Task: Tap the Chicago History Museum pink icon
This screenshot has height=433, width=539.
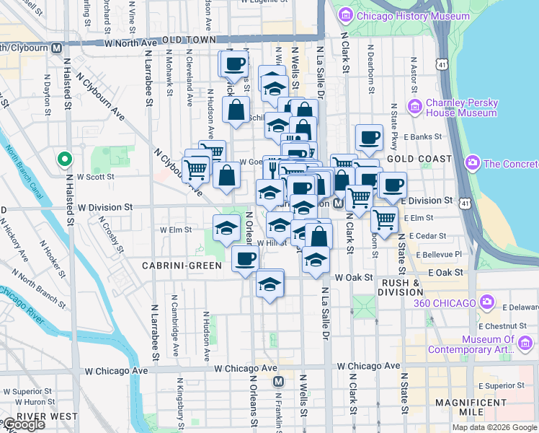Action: tap(345, 14)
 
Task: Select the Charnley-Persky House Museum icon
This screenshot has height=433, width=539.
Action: tap(415, 107)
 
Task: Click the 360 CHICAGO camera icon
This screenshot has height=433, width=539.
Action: tap(488, 302)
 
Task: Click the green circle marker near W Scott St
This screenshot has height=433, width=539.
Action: tap(64, 159)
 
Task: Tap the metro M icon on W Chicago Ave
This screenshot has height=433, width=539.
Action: tap(279, 380)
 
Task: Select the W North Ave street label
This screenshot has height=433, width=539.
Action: tap(130, 43)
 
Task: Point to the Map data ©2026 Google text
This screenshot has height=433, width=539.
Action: tap(494, 427)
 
